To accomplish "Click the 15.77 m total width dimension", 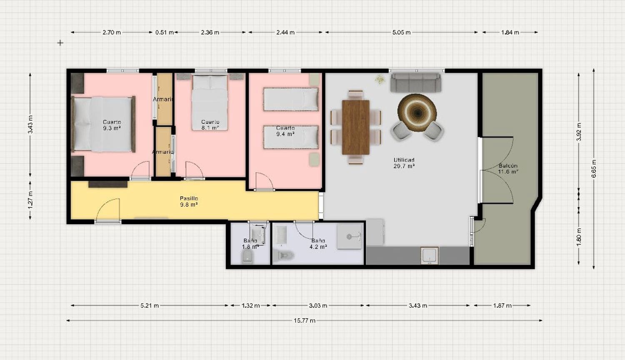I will pyautogui.click(x=305, y=320).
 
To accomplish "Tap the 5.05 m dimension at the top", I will pyautogui.click(x=401, y=32).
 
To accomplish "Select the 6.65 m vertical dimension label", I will pyautogui.click(x=594, y=169).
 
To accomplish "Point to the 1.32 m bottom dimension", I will pyautogui.click(x=250, y=305).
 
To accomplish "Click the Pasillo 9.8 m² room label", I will pyautogui.click(x=189, y=202).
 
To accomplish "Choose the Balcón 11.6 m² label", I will pyautogui.click(x=508, y=168).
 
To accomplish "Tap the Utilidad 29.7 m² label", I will pyautogui.click(x=404, y=163).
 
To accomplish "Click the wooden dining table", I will pyautogui.click(x=356, y=127).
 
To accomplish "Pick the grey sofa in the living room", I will pyautogui.click(x=415, y=82).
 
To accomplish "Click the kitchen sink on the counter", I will pyautogui.click(x=429, y=255).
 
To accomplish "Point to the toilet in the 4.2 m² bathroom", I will pyautogui.click(x=286, y=255).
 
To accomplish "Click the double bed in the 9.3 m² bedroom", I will pyautogui.click(x=103, y=124).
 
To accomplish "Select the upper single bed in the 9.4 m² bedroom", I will pyautogui.click(x=291, y=99).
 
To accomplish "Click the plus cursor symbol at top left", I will pyautogui.click(x=60, y=42).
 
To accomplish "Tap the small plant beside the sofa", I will pyautogui.click(x=380, y=79).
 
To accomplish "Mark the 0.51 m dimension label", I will pyautogui.click(x=164, y=32).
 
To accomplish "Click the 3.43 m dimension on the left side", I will pyautogui.click(x=30, y=124).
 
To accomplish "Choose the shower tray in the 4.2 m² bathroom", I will pyautogui.click(x=349, y=236).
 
